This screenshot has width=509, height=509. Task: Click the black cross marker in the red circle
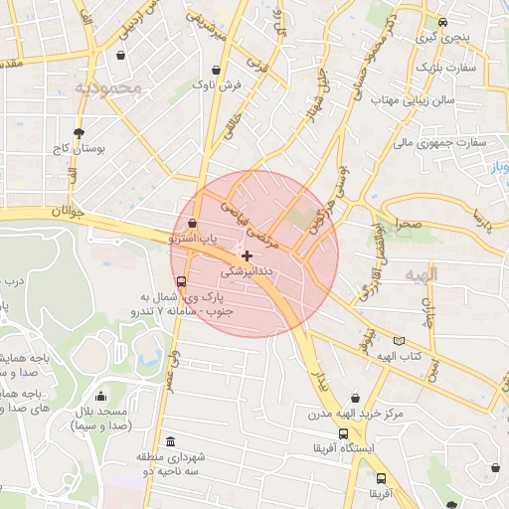pos(247,255)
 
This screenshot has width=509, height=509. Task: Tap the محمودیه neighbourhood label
pos(109,88)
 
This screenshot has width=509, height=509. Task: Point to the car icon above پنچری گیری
pos(441,22)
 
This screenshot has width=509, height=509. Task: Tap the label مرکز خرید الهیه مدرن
pos(350,414)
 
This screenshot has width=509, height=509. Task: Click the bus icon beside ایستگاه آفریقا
pos(343,434)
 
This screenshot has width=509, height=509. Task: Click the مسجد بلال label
pos(100,412)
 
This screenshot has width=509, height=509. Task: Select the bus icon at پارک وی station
pos(180,280)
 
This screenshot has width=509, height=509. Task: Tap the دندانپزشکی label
pos(245,269)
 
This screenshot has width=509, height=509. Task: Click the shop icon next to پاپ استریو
pos(191,225)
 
